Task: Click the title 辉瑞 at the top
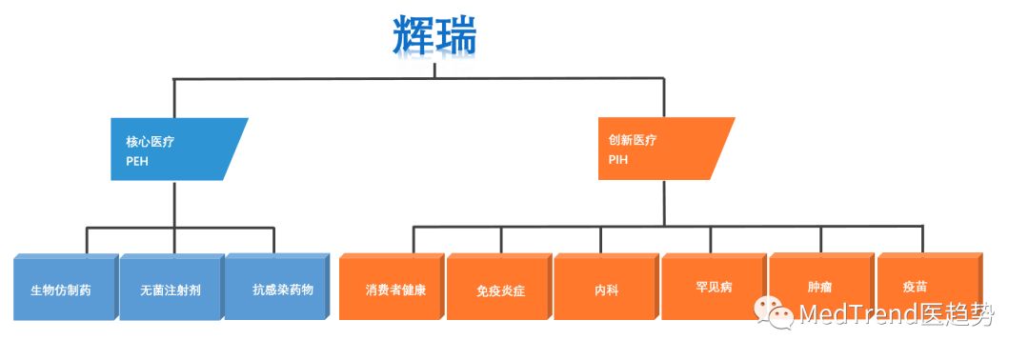click(434, 35)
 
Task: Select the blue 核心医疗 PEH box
click(176, 149)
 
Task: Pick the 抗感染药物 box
click(276, 288)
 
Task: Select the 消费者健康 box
click(392, 288)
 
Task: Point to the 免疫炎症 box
click(499, 288)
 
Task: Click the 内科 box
click(606, 288)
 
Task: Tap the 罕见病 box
click(714, 286)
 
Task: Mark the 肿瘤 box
click(820, 286)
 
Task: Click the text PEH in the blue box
click(137, 161)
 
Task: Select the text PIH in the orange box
click(618, 160)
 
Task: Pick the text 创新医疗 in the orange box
click(633, 140)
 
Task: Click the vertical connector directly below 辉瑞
click(434, 70)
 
